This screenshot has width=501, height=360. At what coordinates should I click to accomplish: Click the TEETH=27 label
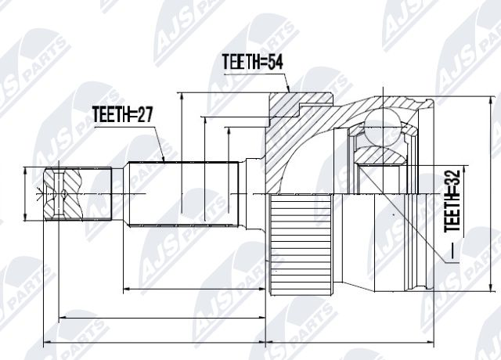[x=121, y=116]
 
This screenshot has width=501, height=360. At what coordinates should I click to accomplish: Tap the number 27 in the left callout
[x=142, y=116]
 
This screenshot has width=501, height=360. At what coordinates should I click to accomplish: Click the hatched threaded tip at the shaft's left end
[x=63, y=195]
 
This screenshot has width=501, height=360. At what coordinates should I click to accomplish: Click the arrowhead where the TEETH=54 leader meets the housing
[x=289, y=91]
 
